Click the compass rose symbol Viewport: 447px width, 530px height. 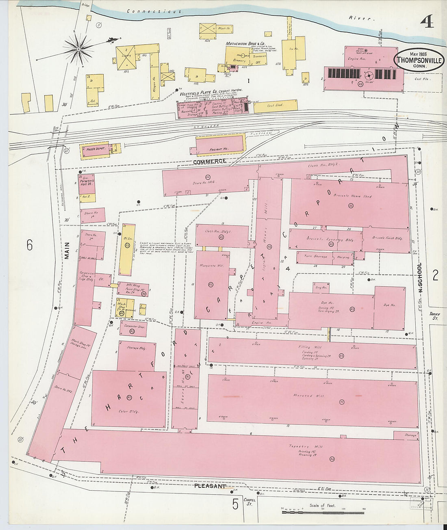pos(79,49)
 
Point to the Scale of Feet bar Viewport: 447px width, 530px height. pos(323,512)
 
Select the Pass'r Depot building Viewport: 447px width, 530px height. pos(96,149)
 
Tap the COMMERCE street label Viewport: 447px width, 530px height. pos(209,162)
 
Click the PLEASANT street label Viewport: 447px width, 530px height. pos(210,486)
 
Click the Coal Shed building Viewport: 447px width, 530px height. pos(275,106)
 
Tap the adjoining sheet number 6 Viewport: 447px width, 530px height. pos(29,245)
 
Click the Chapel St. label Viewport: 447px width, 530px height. pos(248,502)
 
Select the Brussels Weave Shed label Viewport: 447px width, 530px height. pos(352,196)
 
